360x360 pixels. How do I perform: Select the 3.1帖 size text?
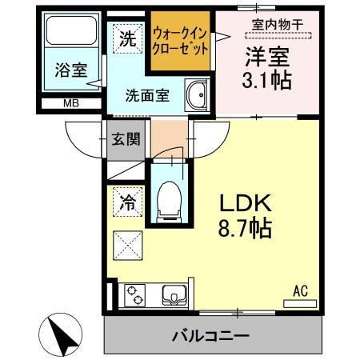pos(266,80)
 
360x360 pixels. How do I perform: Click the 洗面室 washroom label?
pos(146,94)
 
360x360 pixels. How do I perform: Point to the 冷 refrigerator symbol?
pos(126,202)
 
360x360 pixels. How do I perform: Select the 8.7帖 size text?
pos(245,229)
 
